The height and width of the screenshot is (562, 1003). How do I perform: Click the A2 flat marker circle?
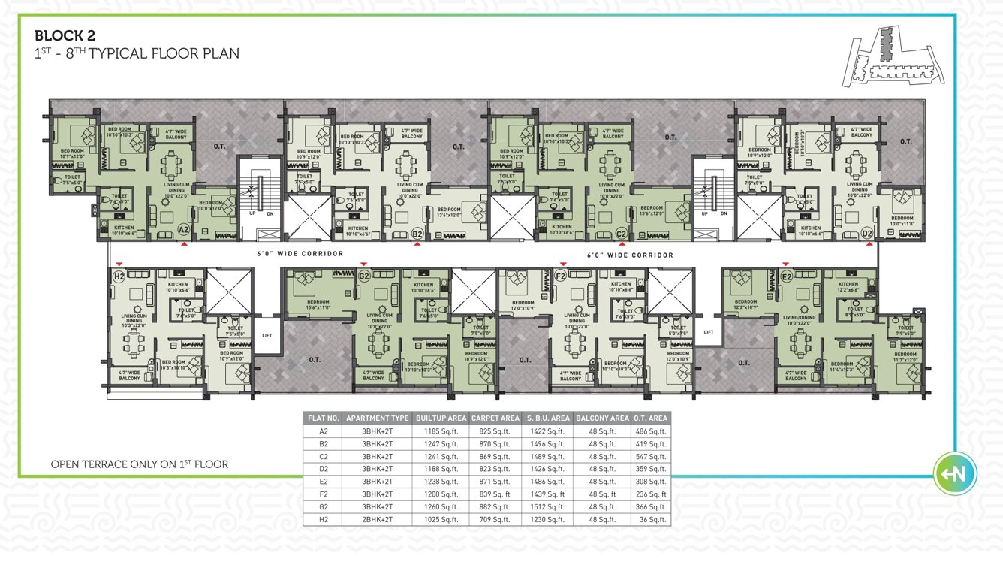click(182, 230)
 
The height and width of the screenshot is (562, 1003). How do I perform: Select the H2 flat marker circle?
click(118, 277)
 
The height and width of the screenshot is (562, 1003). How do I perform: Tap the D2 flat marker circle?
click(867, 234)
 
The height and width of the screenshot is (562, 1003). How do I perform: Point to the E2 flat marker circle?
click(787, 277)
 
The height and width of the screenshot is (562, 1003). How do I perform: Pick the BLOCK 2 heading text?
click(65, 35)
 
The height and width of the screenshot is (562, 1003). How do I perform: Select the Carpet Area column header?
click(495, 418)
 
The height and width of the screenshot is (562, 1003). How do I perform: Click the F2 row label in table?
click(324, 494)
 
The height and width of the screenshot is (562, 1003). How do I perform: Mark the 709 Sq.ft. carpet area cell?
click(495, 519)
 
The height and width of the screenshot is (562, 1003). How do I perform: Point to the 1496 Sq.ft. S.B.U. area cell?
click(547, 443)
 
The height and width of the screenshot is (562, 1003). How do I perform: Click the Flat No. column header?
click(324, 418)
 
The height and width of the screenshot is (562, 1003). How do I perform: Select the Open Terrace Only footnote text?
click(139, 464)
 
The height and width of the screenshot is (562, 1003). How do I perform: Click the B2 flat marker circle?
click(418, 234)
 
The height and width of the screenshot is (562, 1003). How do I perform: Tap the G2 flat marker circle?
click(363, 277)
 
